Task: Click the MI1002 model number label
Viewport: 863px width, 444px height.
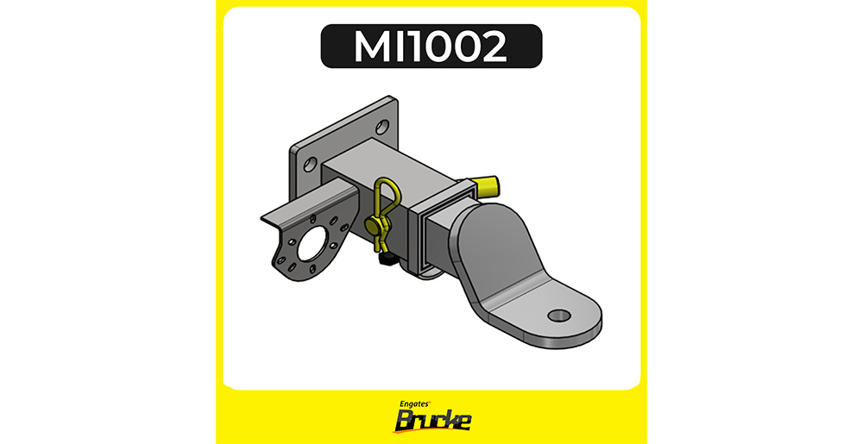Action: pyautogui.click(x=431, y=47)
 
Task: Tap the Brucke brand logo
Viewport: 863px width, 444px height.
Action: pyautogui.click(x=432, y=421)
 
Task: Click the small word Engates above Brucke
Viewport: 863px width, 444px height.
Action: pyautogui.click(x=415, y=403)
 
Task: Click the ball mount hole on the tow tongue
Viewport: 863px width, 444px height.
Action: pyautogui.click(x=559, y=316)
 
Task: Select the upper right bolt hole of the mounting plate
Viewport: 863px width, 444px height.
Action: pyautogui.click(x=382, y=128)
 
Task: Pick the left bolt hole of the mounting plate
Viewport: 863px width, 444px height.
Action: pyautogui.click(x=310, y=164)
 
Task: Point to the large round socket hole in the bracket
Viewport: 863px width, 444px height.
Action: pyautogui.click(x=312, y=247)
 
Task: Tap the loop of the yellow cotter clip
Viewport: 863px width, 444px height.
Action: pyautogui.click(x=382, y=196)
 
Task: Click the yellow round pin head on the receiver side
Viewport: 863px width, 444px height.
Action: pyautogui.click(x=373, y=224)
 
